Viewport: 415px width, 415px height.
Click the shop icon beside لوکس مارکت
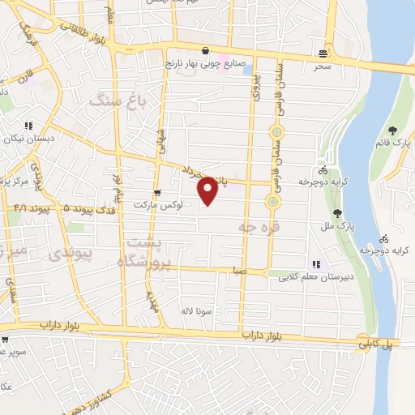pyautogui.click(x=156, y=193)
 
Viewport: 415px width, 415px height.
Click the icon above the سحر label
pyautogui.click(x=324, y=54)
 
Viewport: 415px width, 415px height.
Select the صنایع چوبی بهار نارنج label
pyautogui.click(x=200, y=62)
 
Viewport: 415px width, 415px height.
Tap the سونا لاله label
pyautogui.click(x=196, y=311)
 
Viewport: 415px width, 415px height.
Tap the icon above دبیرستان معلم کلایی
pyautogui.click(x=315, y=264)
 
